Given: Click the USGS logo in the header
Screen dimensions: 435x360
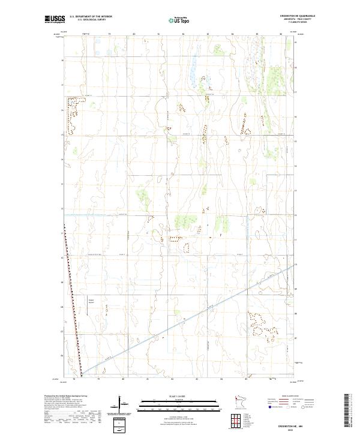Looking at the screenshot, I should [x=55, y=19].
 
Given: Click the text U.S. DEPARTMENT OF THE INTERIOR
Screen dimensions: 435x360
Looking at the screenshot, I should [x=91, y=16].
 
